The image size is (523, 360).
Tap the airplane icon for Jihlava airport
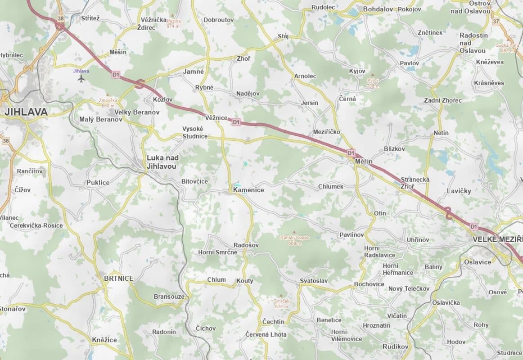point(81,79)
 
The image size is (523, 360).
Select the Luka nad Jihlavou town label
point(162,162)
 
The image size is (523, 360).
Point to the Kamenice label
point(248,190)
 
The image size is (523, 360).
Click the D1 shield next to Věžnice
point(236,122)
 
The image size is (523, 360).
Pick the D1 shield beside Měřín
point(351,153)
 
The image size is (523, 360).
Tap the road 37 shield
point(496,21)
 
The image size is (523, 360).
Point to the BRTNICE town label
point(118,279)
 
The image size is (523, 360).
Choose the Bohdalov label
point(378,9)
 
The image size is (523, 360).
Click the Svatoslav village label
point(314,281)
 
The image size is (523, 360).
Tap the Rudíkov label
point(395,346)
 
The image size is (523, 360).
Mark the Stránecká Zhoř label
point(415,183)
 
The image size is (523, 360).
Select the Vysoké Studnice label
point(195,132)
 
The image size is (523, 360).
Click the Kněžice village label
point(104,340)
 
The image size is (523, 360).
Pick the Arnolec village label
point(305,76)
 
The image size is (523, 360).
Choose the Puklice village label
point(98,183)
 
